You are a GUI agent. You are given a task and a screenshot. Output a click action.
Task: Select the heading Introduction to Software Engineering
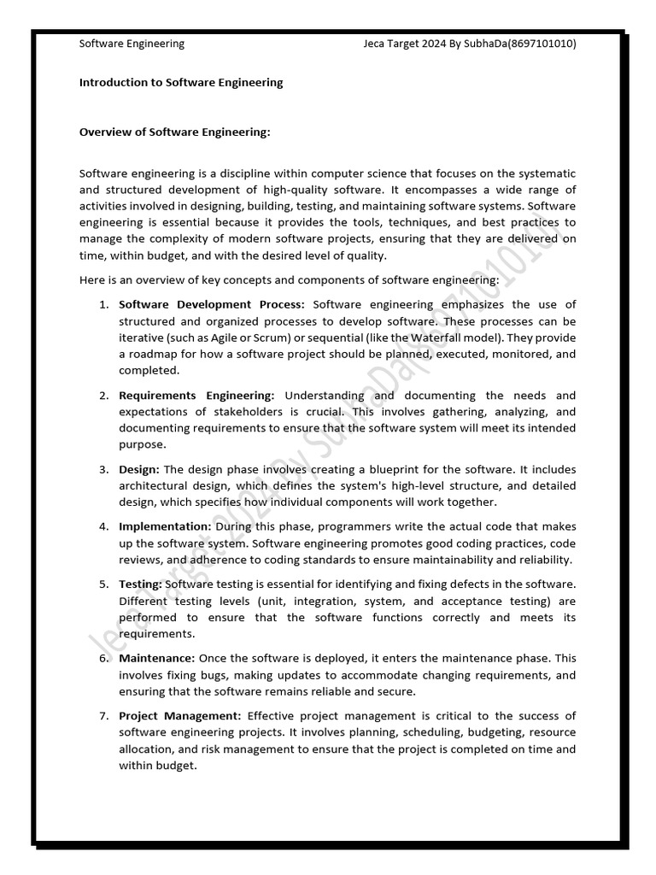coord(180,83)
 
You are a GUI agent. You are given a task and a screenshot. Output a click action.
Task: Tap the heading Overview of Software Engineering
coord(174,132)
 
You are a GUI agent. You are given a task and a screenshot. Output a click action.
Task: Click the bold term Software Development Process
coord(211,304)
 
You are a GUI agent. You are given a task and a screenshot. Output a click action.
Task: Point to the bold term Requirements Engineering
coord(196,396)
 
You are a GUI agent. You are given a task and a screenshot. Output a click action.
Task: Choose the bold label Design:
coord(139,470)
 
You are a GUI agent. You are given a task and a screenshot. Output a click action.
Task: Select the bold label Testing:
coord(140,584)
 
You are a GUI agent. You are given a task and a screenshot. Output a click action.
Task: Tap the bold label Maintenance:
coord(157,659)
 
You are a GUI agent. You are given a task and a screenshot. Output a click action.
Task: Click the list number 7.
coord(102,716)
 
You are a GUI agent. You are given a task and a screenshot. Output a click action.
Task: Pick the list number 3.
coord(102,470)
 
